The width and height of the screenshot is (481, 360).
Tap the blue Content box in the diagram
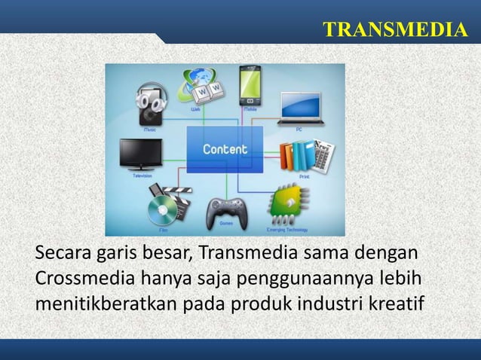[225, 149]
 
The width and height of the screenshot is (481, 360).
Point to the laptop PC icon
[301, 108]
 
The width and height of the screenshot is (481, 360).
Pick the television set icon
[140, 155]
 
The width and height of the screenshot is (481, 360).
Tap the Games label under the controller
[225, 223]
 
